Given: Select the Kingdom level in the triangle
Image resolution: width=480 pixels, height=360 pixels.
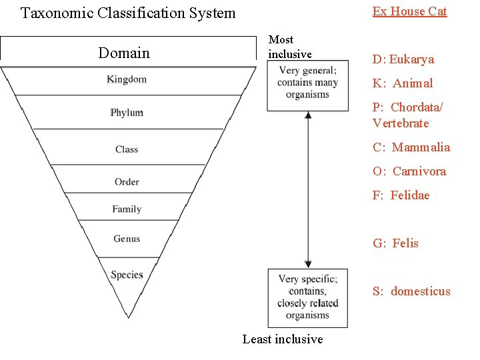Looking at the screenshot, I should (x=127, y=79).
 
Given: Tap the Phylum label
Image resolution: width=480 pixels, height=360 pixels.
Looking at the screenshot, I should (x=127, y=113).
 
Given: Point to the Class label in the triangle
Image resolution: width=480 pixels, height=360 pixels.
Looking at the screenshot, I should (x=127, y=149).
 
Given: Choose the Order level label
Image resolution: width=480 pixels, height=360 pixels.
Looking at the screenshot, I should (x=127, y=181).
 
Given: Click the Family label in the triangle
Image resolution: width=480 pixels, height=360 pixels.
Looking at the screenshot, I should (x=127, y=209).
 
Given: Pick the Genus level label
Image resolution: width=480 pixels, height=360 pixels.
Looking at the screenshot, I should (x=127, y=239).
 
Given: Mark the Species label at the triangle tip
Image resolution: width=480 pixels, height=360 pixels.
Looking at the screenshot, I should (x=127, y=275).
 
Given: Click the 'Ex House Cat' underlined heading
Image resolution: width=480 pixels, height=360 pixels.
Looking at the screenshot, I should (x=409, y=11).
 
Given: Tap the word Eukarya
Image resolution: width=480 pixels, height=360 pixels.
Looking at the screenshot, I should (x=411, y=59).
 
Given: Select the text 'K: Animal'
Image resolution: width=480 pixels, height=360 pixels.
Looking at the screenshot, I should (x=403, y=83).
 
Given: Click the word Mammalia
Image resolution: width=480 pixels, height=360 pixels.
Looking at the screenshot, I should (x=421, y=147).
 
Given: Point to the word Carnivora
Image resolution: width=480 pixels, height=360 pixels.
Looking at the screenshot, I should (x=419, y=171).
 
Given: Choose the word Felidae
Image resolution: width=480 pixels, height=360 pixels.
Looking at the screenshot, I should (x=410, y=195).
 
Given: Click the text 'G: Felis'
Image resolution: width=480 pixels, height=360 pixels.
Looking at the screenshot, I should (x=395, y=243).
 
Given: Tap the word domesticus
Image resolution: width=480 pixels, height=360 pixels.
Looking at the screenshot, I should (x=421, y=291).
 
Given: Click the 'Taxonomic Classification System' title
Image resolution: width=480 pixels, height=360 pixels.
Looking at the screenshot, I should (x=128, y=13).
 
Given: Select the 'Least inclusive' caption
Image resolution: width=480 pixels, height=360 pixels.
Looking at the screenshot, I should (x=283, y=339).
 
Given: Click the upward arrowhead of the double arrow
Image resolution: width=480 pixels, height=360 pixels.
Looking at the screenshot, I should (x=308, y=115).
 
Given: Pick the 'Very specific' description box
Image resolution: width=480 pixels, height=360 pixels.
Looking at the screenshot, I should (x=308, y=297).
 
